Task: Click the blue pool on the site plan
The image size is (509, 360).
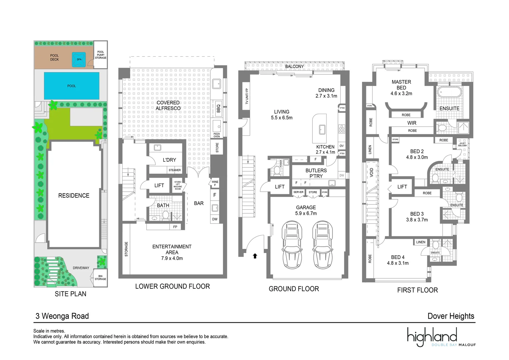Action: coord(71,86)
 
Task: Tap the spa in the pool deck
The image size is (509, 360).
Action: coord(79,59)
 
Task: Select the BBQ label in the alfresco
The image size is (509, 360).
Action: coord(218,108)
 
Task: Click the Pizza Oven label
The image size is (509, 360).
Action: coord(217,135)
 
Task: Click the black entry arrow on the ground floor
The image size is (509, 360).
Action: coord(255,256)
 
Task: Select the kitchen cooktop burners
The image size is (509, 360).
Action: coord(342,129)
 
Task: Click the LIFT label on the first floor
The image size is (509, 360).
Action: coord(402,187)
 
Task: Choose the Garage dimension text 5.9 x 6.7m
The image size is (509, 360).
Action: coord(306,213)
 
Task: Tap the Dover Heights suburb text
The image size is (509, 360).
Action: coord(451,316)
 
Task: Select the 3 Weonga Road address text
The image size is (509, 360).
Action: coord(62,316)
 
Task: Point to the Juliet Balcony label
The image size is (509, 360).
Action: coord(462,144)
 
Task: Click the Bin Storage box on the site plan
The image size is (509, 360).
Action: coord(100,278)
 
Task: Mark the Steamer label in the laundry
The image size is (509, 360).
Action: coord(175,170)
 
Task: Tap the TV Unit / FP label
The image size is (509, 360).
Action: coord(247,96)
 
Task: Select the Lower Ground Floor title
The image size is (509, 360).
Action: coord(172,286)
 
